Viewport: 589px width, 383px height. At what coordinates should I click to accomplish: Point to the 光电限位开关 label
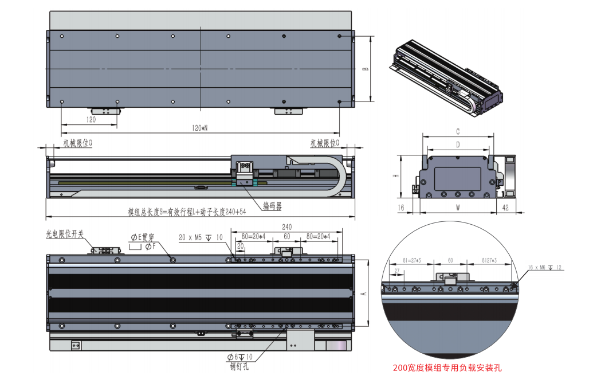65,234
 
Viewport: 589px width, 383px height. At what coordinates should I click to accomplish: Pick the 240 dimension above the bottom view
286,227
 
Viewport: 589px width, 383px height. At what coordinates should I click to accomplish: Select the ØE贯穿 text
143,237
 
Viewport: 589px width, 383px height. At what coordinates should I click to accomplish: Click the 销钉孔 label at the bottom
239,367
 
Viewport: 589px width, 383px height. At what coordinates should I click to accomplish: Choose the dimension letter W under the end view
458,208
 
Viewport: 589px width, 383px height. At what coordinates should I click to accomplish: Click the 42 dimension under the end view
505,208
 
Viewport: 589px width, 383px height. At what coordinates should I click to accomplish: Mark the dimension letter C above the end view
458,132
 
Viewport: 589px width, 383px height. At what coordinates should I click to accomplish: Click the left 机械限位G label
77,143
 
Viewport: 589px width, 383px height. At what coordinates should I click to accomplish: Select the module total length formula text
187,212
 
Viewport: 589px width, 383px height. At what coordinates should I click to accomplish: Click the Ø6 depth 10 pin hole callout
239,358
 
